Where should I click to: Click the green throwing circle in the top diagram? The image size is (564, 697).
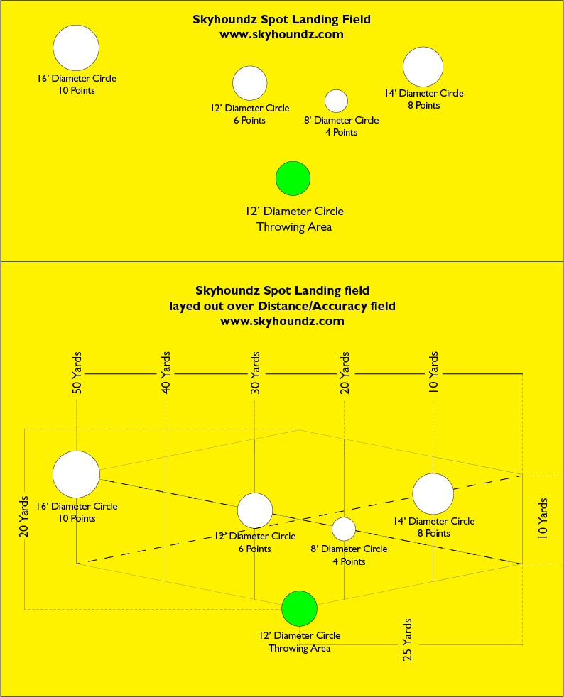pyautogui.click(x=293, y=178)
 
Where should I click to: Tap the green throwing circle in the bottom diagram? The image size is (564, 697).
pyautogui.click(x=299, y=608)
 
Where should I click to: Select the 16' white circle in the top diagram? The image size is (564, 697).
pyautogui.click(x=76, y=48)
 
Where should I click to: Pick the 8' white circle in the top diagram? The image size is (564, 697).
pyautogui.click(x=336, y=101)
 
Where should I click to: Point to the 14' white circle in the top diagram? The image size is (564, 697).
pyautogui.click(x=423, y=67)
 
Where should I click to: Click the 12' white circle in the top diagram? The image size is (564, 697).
pyautogui.click(x=249, y=83)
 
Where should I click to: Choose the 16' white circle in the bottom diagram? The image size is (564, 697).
pyautogui.click(x=76, y=474)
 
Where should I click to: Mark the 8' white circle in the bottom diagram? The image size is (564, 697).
pyautogui.click(x=344, y=529)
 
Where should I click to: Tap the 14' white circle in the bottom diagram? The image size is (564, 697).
pyautogui.click(x=433, y=494)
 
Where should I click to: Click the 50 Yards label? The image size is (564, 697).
pyautogui.click(x=77, y=373)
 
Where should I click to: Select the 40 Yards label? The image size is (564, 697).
pyautogui.click(x=166, y=373)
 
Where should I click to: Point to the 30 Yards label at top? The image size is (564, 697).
pyautogui.click(x=255, y=373)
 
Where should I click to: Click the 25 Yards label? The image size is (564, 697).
pyautogui.click(x=407, y=640)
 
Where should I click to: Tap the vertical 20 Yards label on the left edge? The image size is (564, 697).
pyautogui.click(x=23, y=517)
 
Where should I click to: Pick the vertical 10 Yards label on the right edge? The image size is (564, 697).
pyautogui.click(x=542, y=519)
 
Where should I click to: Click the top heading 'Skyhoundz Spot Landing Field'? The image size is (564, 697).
pyautogui.click(x=281, y=20)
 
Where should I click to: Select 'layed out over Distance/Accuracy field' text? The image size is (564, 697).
pyautogui.click(x=282, y=307)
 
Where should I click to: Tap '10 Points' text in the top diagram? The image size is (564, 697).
pyautogui.click(x=77, y=90)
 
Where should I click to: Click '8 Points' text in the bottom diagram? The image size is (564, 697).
pyautogui.click(x=433, y=533)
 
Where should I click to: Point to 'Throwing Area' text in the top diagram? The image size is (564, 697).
pyautogui.click(x=294, y=226)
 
